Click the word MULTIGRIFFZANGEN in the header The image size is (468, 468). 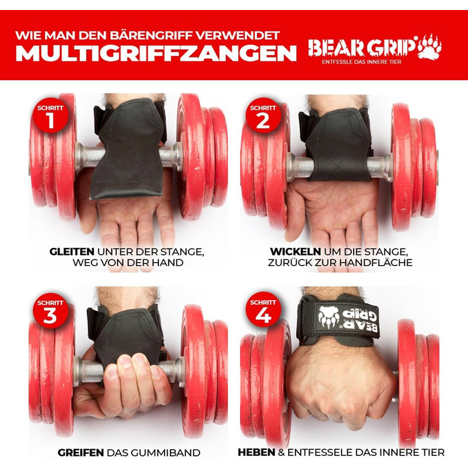156,53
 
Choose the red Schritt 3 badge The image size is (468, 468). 50,310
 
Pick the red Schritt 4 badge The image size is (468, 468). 263,309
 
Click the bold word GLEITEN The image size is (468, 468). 73,251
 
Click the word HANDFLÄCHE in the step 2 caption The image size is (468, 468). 380,263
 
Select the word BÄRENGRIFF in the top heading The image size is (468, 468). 163,33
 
